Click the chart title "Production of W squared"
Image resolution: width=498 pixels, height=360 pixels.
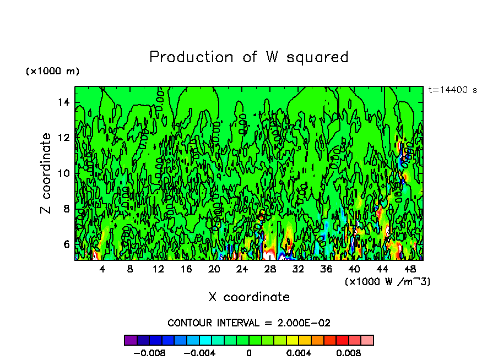pyautogui.click(x=249, y=57)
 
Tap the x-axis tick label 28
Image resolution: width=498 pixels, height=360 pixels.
pyautogui.click(x=270, y=269)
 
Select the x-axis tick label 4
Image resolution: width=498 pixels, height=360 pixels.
pyautogui.click(x=102, y=269)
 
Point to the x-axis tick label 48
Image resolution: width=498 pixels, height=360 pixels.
pyautogui.click(x=409, y=269)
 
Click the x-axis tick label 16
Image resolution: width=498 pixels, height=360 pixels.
pyautogui.click(x=186, y=269)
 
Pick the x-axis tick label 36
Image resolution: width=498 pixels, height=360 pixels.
pyautogui.click(x=326, y=269)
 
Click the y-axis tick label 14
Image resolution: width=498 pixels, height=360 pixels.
pyautogui.click(x=64, y=102)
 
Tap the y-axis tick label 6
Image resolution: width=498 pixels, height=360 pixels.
pyautogui.click(x=67, y=244)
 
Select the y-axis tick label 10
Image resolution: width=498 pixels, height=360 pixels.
pyautogui.click(x=64, y=173)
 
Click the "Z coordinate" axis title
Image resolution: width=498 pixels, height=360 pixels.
pyautogui.click(x=46, y=173)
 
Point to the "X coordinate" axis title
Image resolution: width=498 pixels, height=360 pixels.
pyautogui.click(x=249, y=297)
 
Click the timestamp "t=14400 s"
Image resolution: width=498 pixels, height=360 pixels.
pyautogui.click(x=452, y=90)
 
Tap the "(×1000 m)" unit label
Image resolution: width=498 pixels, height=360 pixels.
pyautogui.click(x=53, y=72)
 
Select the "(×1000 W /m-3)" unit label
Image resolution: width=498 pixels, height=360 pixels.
pyautogui.click(x=387, y=281)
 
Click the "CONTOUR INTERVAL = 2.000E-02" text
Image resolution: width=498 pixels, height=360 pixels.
pyautogui.click(x=249, y=323)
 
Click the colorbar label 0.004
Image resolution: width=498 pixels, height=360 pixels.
pyautogui.click(x=300, y=352)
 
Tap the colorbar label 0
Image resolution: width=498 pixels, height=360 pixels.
pyautogui.click(x=249, y=352)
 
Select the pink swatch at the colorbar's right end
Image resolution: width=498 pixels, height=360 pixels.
pyautogui.click(x=367, y=340)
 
